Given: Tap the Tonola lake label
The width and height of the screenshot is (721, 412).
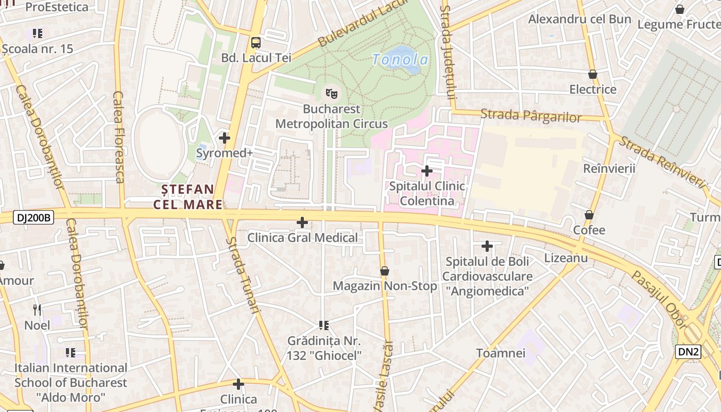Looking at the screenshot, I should point(400,60).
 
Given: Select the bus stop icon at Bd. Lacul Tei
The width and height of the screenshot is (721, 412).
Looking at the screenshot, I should point(256,42).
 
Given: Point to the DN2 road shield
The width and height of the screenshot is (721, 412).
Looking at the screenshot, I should point(688,352).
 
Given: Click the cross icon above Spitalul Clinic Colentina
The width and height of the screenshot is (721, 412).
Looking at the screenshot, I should point(427,170).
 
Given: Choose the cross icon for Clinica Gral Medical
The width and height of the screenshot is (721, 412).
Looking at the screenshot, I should point(302,222).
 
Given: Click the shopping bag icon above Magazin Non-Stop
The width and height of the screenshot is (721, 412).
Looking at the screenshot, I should point(384,271).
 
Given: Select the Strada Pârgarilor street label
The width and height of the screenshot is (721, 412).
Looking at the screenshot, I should point(531,115).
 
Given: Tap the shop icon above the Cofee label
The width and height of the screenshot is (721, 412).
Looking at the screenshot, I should point(589,215).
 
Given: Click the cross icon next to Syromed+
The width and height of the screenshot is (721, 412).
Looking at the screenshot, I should point(224,138).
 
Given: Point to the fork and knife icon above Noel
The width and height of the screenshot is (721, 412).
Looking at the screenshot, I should point(37,310).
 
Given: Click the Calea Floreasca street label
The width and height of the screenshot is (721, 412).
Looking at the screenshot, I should point(119,137).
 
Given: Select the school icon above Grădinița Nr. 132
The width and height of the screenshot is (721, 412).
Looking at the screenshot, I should point(324,325).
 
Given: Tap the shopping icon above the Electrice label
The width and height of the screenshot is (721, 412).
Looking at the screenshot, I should point(592,74).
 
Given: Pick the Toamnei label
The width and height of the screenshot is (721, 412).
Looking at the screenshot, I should point(501,353).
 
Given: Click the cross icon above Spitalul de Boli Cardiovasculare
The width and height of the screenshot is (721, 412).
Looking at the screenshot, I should point(487,246).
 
